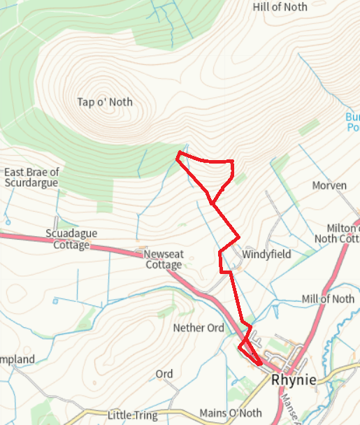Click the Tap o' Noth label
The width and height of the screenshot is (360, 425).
click(x=105, y=102)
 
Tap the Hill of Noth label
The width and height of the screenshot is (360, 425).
click(x=280, y=6)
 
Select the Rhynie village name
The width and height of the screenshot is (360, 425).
click(x=294, y=380)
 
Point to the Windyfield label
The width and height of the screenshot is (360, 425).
click(x=266, y=254)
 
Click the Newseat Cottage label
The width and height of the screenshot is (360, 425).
click(x=164, y=259)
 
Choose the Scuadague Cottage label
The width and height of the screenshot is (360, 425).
click(x=71, y=239)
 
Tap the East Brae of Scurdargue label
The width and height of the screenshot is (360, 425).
click(x=31, y=178)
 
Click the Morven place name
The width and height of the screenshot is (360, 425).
click(x=329, y=185)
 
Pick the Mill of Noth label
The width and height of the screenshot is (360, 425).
click(x=328, y=299)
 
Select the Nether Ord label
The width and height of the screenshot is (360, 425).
click(x=199, y=328)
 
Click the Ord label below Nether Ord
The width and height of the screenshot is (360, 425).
click(x=164, y=374)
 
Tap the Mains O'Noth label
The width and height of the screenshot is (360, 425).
click(x=230, y=413)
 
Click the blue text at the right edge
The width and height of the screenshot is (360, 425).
click(x=353, y=122)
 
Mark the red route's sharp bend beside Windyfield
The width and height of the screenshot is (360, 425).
click(x=220, y=253)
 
